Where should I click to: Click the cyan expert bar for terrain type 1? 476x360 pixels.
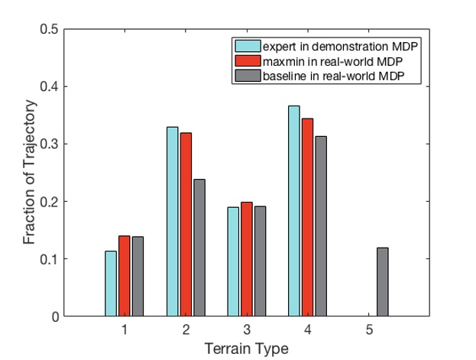tap(111, 284)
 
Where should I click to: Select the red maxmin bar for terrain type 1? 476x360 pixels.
tap(124, 276)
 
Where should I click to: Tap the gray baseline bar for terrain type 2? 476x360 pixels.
tap(199, 248)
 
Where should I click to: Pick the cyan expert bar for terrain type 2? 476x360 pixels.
tap(172, 222)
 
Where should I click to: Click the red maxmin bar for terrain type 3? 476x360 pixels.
tap(246, 259)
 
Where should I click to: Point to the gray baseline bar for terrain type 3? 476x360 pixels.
tap(260, 261)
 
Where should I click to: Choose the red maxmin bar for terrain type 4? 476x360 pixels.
tap(307, 217)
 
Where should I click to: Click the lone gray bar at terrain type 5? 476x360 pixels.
tap(382, 282)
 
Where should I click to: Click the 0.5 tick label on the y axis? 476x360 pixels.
tap(48, 29)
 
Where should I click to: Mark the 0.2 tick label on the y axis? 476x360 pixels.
tap(48, 202)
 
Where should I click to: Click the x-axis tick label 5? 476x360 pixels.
tap(368, 331)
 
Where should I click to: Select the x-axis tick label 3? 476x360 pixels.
tap(246, 331)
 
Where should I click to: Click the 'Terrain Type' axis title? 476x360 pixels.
tap(246, 349)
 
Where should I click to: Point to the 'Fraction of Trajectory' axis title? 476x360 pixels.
tap(29, 173)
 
